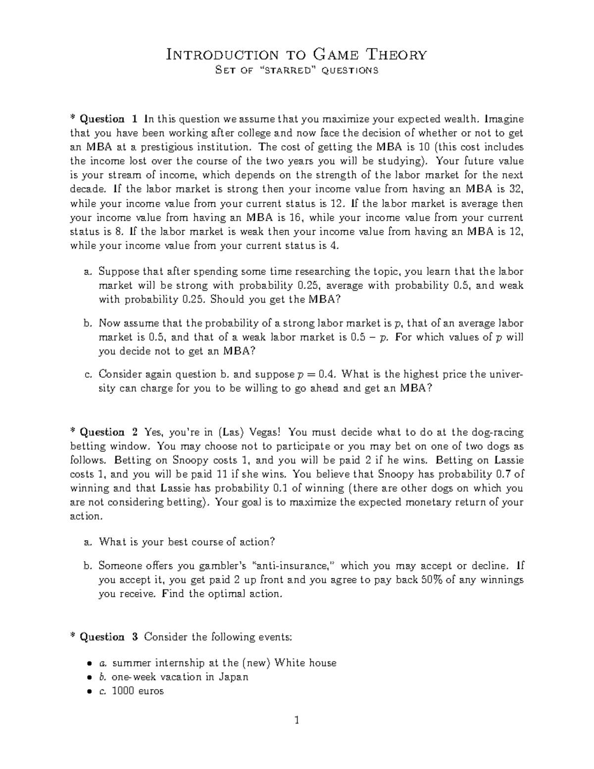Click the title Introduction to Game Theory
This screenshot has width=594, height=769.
(x=296, y=54)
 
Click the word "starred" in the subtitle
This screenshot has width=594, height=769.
(x=286, y=70)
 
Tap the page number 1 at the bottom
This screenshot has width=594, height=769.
(x=297, y=720)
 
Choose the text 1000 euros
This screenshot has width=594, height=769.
(x=138, y=691)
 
